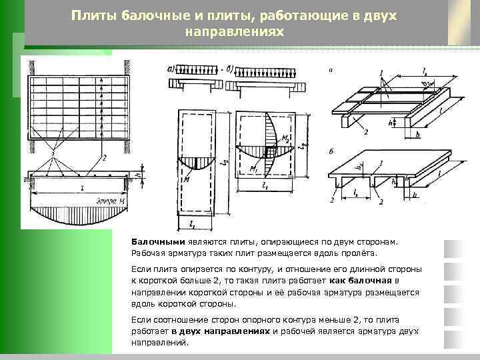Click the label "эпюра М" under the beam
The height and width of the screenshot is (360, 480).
tap(110, 201)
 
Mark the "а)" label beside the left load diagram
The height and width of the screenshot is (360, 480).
tap(172, 68)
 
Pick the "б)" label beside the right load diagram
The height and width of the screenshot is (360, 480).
tap(230, 68)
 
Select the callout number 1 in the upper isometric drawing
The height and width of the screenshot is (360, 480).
tap(381, 73)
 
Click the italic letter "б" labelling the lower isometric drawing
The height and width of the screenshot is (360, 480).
tap(331, 151)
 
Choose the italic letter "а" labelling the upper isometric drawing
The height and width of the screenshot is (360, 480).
tap(331, 69)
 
